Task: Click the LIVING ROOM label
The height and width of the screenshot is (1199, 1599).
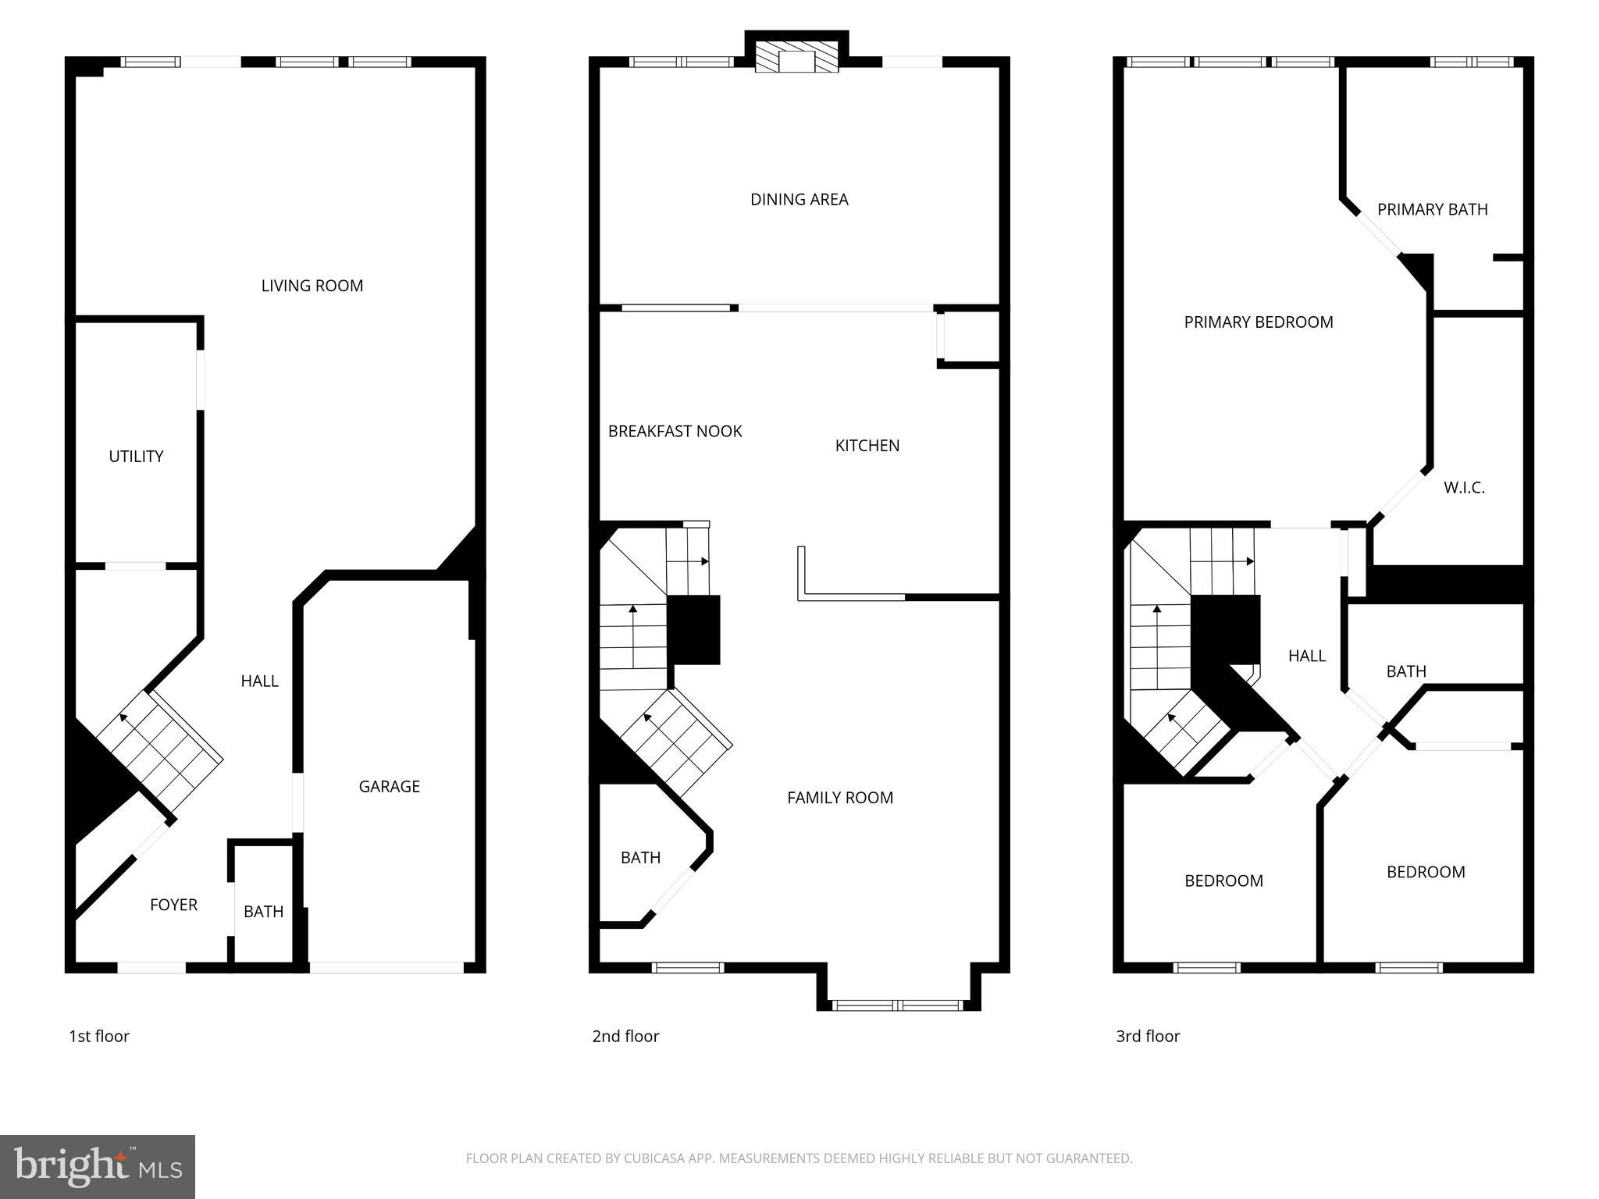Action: pyautogui.click(x=312, y=286)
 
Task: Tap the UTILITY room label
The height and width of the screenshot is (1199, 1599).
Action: pyautogui.click(x=136, y=457)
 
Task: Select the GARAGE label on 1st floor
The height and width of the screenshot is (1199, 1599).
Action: pyautogui.click(x=389, y=786)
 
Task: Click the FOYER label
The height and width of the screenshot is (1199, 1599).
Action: pyautogui.click(x=173, y=905)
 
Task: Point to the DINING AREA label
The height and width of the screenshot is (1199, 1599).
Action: pyautogui.click(x=799, y=200)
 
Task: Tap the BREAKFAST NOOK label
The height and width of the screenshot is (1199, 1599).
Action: pyautogui.click(x=675, y=432)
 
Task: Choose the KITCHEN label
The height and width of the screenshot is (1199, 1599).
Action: pyautogui.click(x=867, y=446)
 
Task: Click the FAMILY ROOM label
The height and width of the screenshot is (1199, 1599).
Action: pyautogui.click(x=839, y=798)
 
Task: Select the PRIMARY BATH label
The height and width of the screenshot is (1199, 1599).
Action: pyautogui.click(x=1432, y=210)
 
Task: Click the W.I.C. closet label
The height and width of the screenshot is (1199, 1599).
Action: pyautogui.click(x=1463, y=488)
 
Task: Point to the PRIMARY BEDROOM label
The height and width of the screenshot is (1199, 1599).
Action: pyautogui.click(x=1258, y=322)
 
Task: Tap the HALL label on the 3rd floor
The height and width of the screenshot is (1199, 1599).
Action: pyautogui.click(x=1306, y=656)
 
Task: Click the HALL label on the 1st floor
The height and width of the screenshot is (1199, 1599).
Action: pyautogui.click(x=259, y=681)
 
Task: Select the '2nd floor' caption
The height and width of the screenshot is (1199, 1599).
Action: pyautogui.click(x=625, y=1036)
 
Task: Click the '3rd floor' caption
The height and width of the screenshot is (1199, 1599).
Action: pyautogui.click(x=1147, y=1036)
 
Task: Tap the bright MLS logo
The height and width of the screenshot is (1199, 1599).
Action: pyautogui.click(x=98, y=1166)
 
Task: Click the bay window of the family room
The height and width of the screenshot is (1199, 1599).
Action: pyautogui.click(x=898, y=1005)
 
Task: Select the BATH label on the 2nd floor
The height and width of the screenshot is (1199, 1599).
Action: pyautogui.click(x=640, y=858)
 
